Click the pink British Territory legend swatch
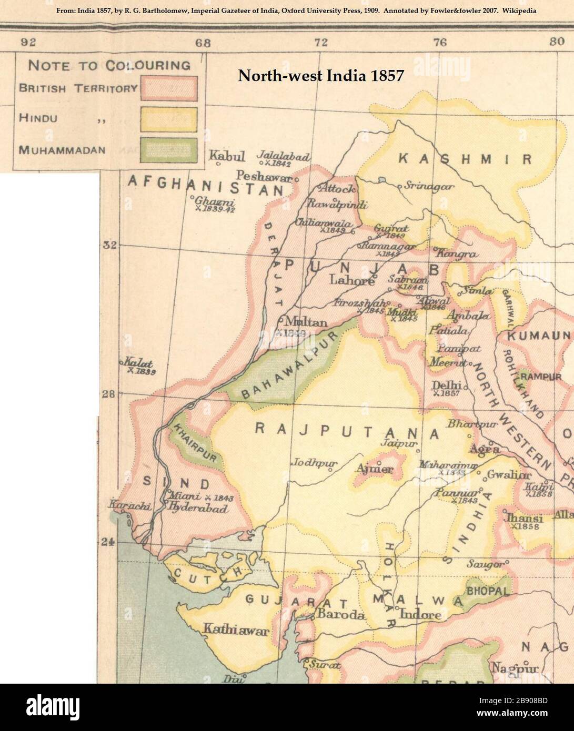pos(168,88)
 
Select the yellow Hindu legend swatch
pos(168,119)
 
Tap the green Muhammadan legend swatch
pos(168,150)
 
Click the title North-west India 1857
pos(321,76)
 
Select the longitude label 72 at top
pos(321,43)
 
